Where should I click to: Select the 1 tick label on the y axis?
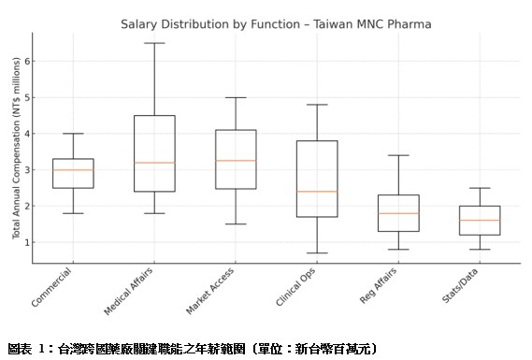[26, 242]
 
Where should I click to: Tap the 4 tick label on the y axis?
[26, 134]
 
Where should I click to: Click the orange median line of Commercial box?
[72, 170]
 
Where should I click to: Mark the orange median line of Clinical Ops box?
[316, 192]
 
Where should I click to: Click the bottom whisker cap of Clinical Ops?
[316, 252]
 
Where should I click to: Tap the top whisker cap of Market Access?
[235, 97]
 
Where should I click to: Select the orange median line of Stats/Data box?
[479, 221]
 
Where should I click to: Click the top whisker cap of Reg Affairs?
[397, 155]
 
